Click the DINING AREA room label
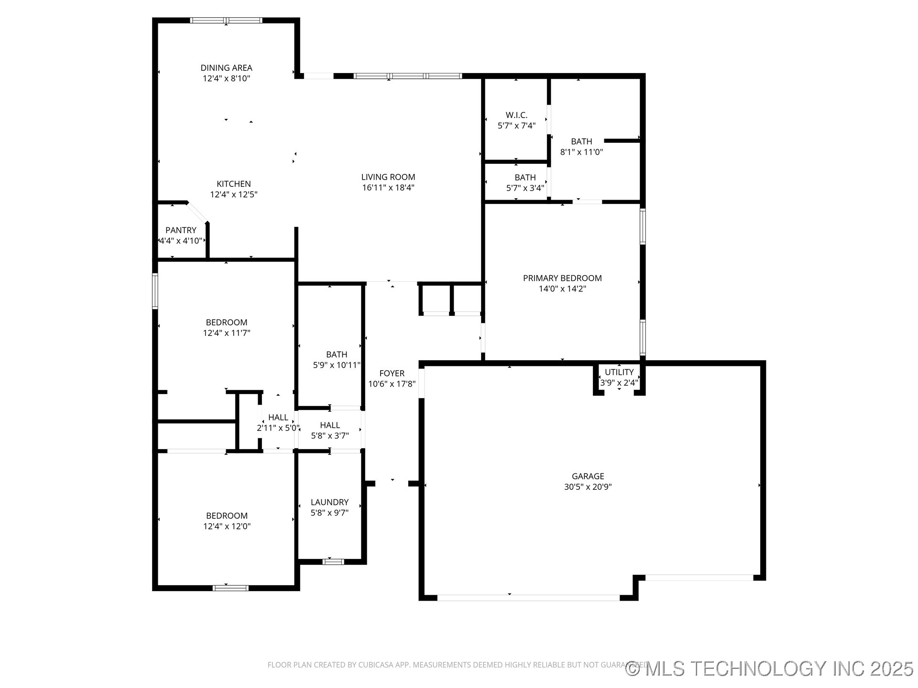coord(226,68)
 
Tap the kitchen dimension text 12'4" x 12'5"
coord(234,194)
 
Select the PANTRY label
coord(181,230)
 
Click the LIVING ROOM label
coord(388,177)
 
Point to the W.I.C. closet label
coord(516,115)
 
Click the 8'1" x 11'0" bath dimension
coord(581,152)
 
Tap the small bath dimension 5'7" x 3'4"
coord(525,188)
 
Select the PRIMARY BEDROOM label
coord(562,278)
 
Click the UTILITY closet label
coord(619,372)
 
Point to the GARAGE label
coord(588,476)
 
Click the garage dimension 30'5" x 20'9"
coord(588,487)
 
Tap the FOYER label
coord(392,374)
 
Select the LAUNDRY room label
coord(329,502)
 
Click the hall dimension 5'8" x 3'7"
coord(330,436)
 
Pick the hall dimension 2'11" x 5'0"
coord(278,428)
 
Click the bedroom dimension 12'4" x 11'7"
coord(227,333)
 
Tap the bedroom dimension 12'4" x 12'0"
coord(227,527)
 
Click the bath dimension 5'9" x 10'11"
coord(337,365)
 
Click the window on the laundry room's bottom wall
coord(333,562)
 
